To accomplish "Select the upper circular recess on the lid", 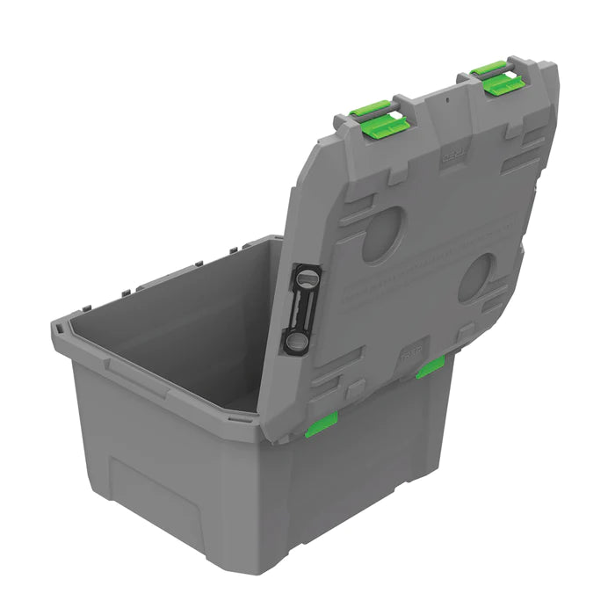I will coord(383,234).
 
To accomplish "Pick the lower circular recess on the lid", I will coord(477,278).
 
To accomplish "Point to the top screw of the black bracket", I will coord(306,278).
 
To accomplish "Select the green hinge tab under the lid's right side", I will coord(430,367).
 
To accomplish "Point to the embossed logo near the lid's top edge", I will coord(452,156).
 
